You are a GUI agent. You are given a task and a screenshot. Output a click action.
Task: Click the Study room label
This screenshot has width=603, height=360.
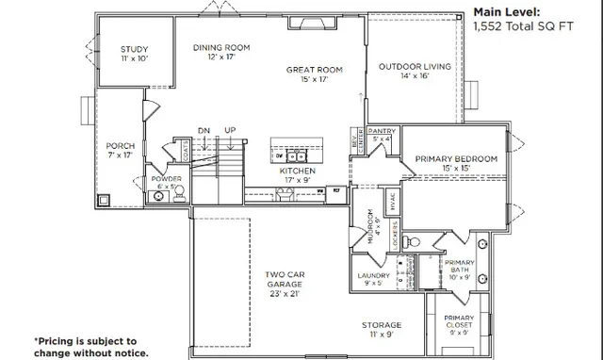click(135, 54)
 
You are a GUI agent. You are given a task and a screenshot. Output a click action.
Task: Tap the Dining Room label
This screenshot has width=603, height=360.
click(220, 52)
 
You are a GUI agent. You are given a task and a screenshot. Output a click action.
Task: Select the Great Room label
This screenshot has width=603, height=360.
click(315, 74)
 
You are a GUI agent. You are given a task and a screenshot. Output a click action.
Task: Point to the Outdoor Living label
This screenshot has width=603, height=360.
click(415, 72)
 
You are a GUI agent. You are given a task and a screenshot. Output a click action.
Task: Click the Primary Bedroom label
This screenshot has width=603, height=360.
click(456, 163)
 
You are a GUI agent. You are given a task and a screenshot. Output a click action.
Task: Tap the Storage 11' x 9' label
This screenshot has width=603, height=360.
click(381, 330)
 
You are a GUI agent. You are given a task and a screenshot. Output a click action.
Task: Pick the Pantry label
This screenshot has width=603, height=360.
click(382, 134)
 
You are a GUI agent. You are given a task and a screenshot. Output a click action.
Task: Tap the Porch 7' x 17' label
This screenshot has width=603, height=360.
click(121, 151)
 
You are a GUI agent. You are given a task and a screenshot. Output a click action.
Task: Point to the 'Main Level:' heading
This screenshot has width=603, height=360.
click(506, 12)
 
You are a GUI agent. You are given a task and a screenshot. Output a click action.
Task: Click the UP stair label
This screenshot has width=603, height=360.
click(230, 130)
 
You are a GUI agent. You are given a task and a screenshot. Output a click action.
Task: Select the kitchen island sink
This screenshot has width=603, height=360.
click(293, 156)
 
